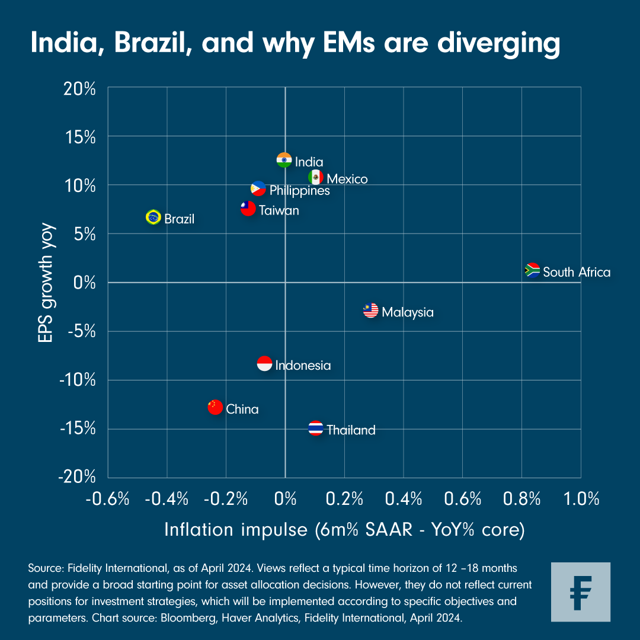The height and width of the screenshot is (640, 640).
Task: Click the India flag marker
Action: [284, 161]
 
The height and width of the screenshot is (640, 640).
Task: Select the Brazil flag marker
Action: [153, 217]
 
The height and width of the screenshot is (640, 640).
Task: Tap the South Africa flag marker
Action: [532, 271]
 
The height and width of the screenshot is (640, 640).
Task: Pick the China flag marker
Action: [215, 407]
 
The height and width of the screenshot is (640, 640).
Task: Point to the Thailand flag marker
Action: [316, 428]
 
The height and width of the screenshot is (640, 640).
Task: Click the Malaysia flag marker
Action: [371, 311]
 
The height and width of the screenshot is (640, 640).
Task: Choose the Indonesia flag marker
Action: [264, 364]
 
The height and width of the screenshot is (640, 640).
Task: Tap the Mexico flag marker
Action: [316, 177]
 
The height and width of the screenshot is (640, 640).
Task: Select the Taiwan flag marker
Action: [248, 209]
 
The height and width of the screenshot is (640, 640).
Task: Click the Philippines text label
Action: [299, 191]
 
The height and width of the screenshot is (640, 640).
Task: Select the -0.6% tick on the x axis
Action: [107, 499]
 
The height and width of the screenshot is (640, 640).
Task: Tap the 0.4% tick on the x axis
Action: [403, 499]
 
